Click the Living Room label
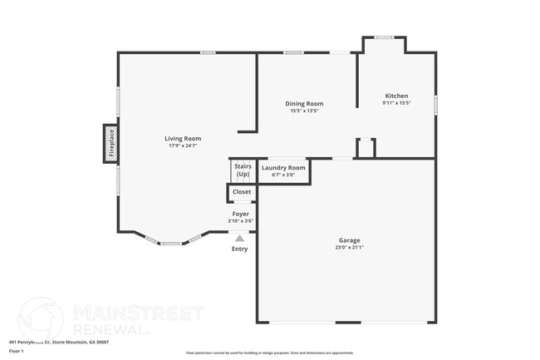click(x=183, y=139)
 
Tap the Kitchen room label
click(x=395, y=96)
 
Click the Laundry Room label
click(x=283, y=168)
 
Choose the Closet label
click(x=242, y=192)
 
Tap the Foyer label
click(x=240, y=214)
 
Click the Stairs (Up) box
click(x=243, y=170)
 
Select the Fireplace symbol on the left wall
click(x=110, y=142)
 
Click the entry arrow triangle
click(x=239, y=238)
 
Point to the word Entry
click(x=239, y=249)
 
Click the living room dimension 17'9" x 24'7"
click(x=183, y=146)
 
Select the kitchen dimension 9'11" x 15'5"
click(x=395, y=103)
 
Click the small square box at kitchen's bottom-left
click(x=366, y=148)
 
